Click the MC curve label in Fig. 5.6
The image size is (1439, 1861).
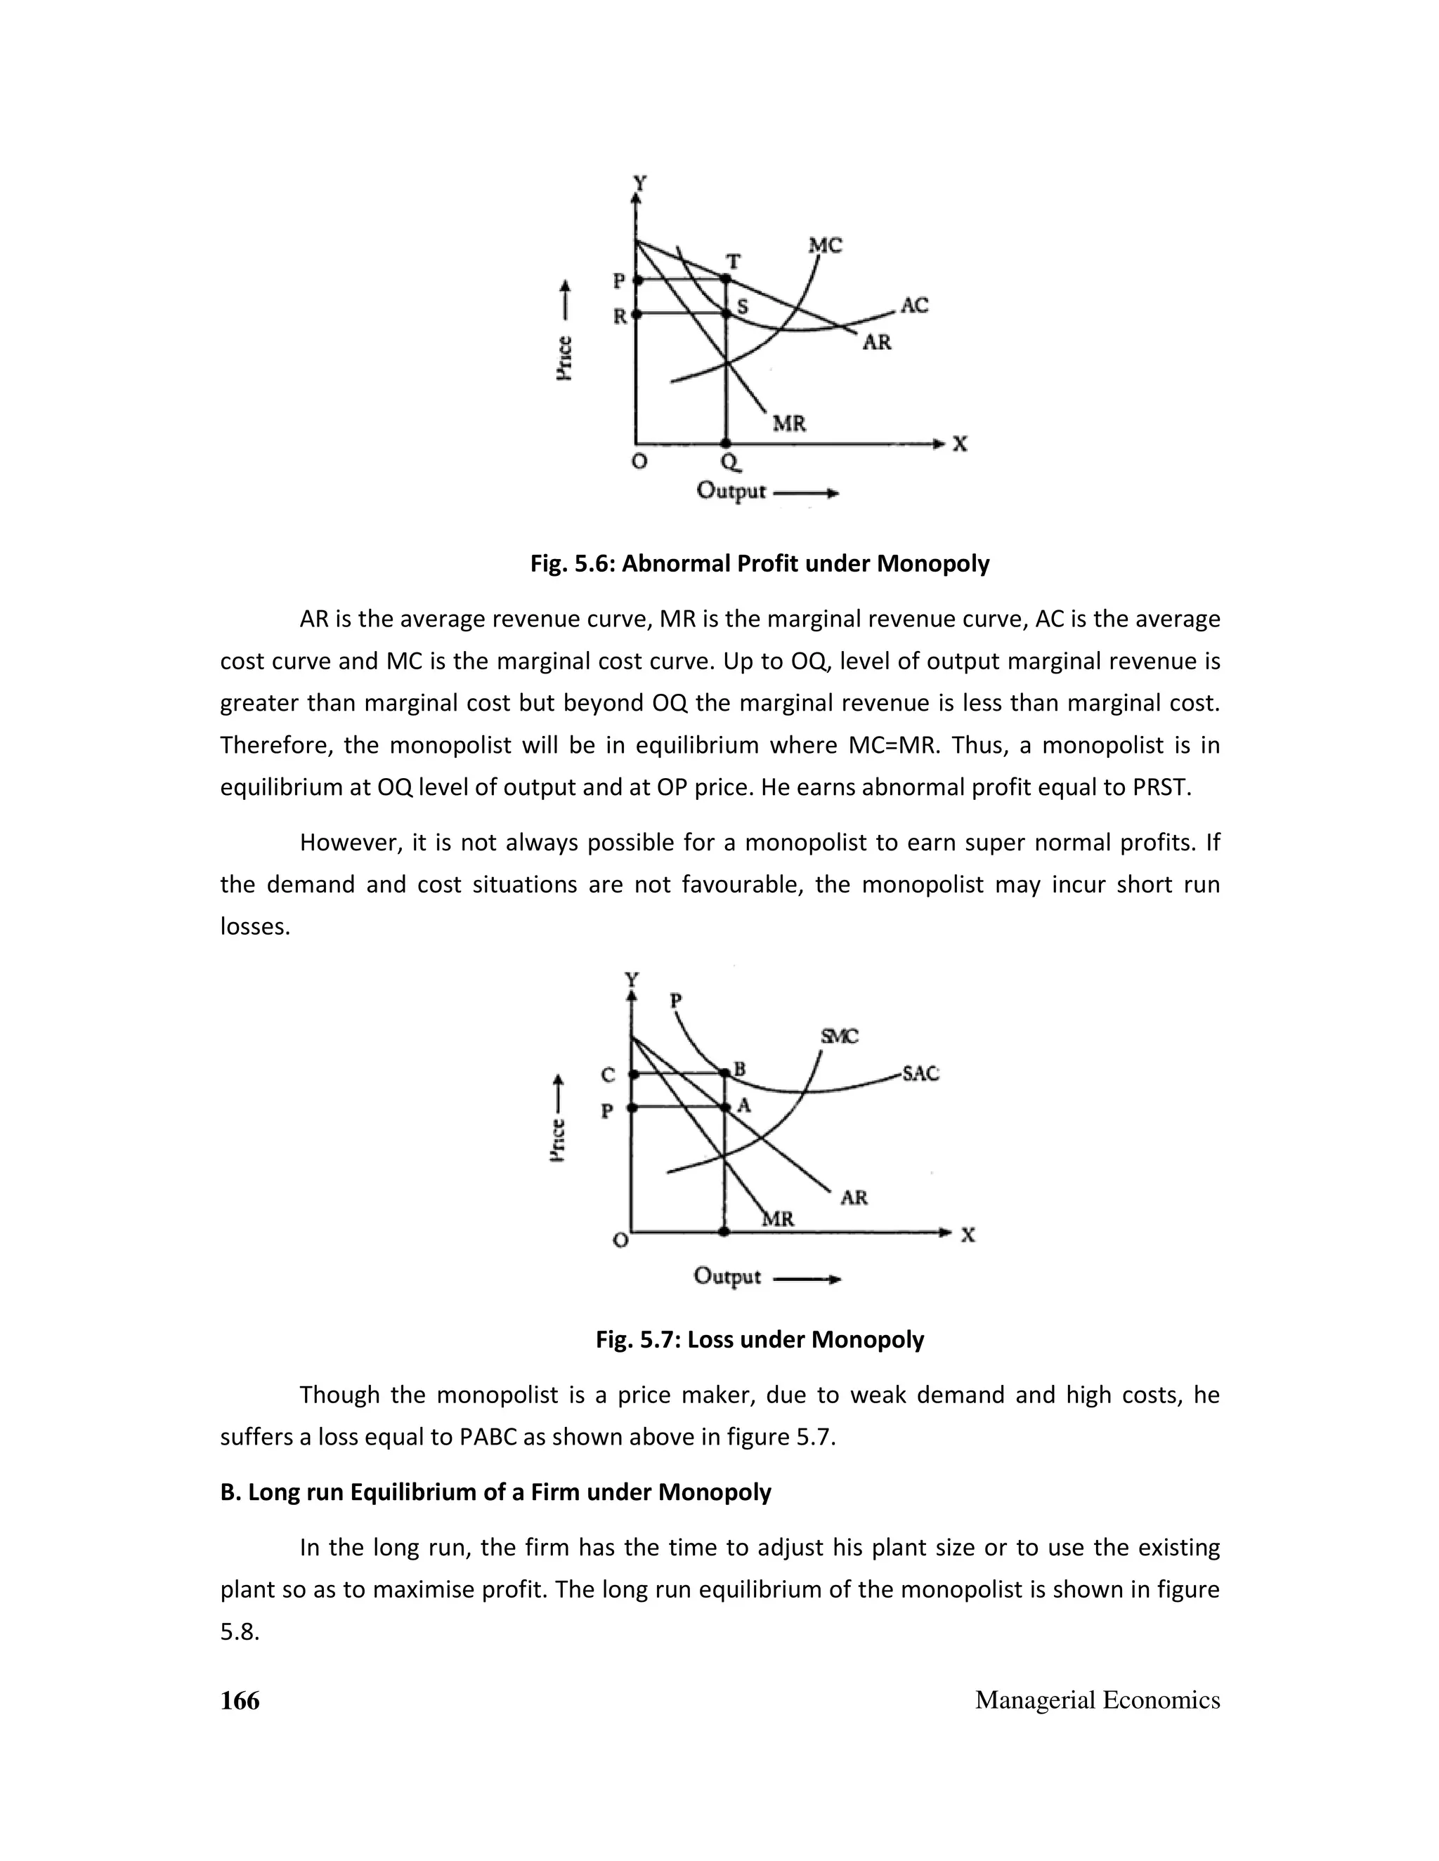825,245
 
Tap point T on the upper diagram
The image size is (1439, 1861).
725,279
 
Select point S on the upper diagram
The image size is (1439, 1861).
727,314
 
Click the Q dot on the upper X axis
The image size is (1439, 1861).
725,443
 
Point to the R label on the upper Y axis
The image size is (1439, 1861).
620,316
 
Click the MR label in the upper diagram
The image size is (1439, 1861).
788,423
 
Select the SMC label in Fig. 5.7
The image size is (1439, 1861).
839,1036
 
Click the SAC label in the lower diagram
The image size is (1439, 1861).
920,1074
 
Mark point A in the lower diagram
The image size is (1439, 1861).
724,1107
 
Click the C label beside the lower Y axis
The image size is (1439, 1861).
607,1075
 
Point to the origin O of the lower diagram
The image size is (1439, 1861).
621,1239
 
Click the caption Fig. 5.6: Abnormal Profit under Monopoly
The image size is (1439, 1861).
760,563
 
